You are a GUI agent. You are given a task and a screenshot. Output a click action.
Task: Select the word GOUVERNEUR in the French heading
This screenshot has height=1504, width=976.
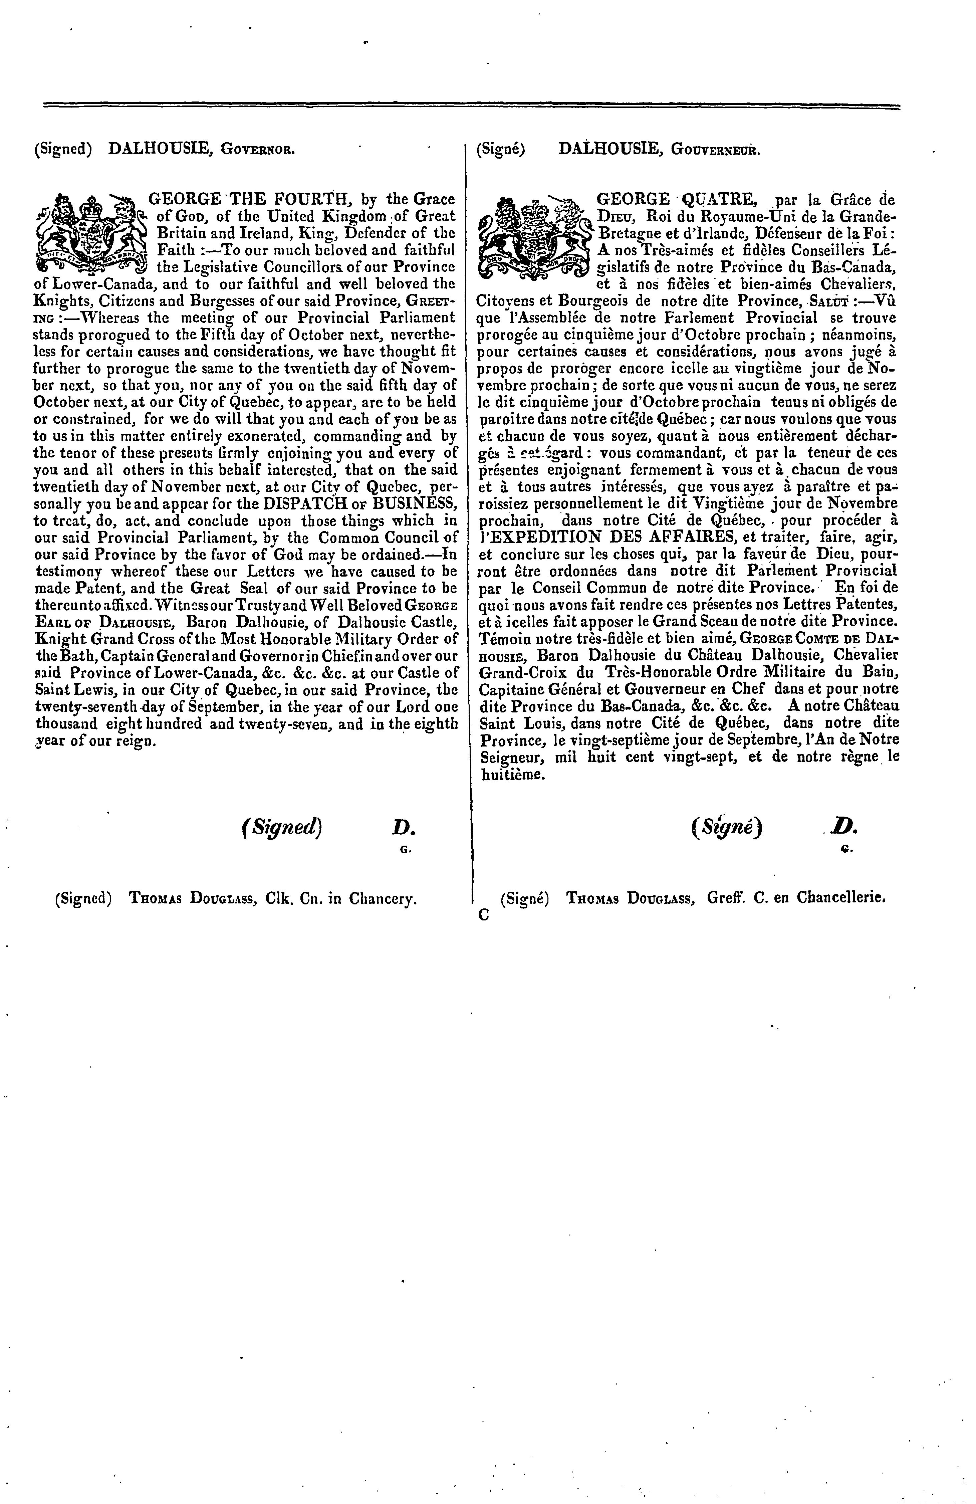(x=716, y=150)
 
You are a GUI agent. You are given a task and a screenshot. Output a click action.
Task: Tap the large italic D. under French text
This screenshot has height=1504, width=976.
(x=843, y=827)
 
